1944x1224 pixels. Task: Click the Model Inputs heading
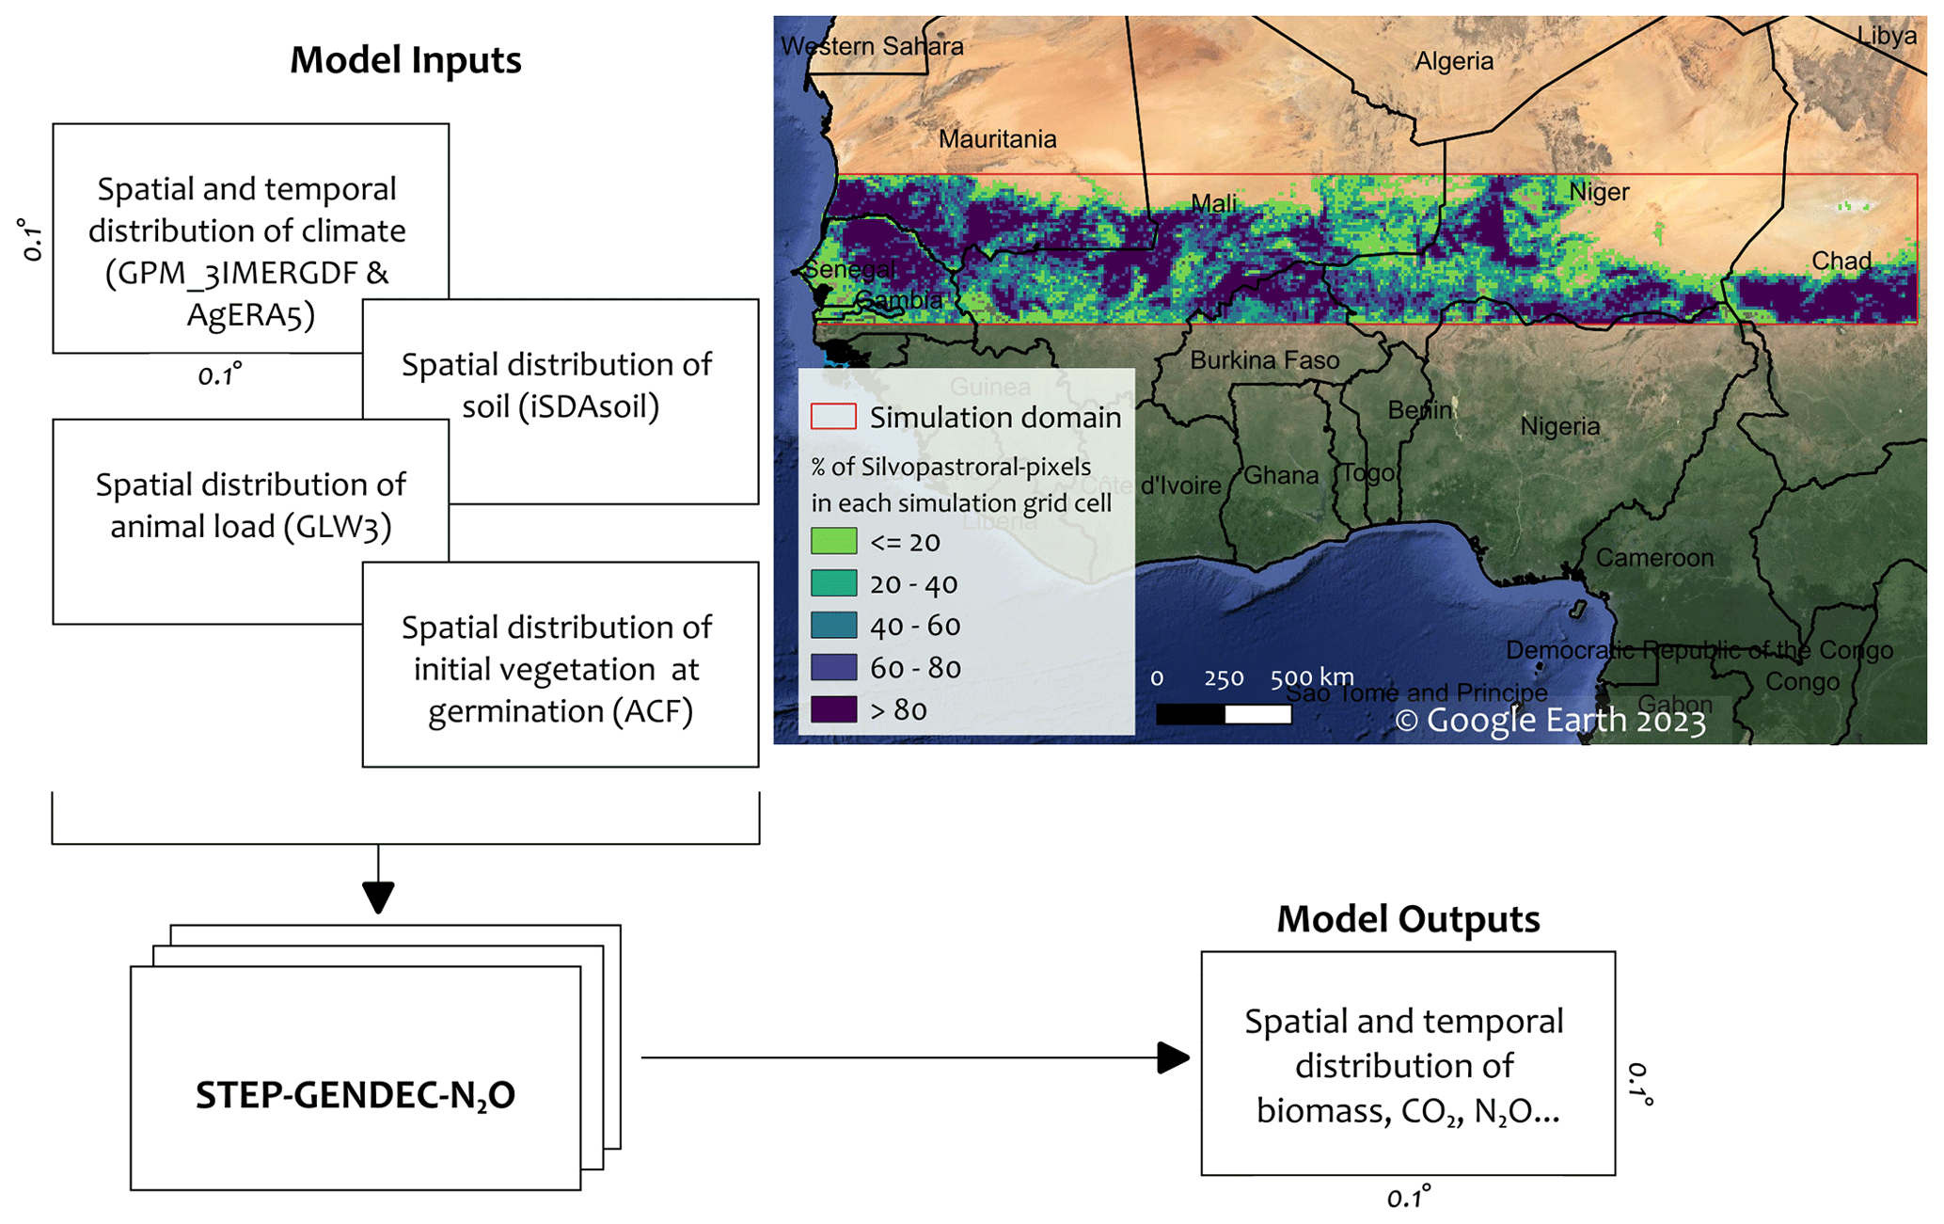pyautogui.click(x=405, y=60)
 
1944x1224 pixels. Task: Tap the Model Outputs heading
pyautogui.click(x=1408, y=919)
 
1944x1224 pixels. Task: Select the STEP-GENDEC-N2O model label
pyautogui.click(x=356, y=1095)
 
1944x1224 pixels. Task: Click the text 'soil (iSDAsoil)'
pyautogui.click(x=561, y=406)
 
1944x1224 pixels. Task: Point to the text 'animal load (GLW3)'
pyautogui.click(x=250, y=526)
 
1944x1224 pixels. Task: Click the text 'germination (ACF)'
pyautogui.click(x=561, y=711)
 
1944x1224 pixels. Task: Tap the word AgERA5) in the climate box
pyautogui.click(x=250, y=314)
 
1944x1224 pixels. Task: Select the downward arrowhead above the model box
pyautogui.click(x=378, y=898)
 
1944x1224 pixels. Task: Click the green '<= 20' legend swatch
pyautogui.click(x=833, y=542)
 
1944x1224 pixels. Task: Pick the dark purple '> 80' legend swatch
pyautogui.click(x=833, y=709)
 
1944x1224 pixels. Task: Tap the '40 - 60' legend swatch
pyautogui.click(x=833, y=626)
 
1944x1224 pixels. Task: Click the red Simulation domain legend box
pyautogui.click(x=833, y=417)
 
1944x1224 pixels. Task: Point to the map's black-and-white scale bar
pyautogui.click(x=1224, y=714)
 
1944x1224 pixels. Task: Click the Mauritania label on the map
pyautogui.click(x=997, y=139)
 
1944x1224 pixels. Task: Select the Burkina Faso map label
pyautogui.click(x=1264, y=360)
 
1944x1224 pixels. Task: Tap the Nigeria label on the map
pyautogui.click(x=1559, y=427)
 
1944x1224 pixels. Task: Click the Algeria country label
pyautogui.click(x=1454, y=62)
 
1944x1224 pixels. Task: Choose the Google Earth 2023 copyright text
pyautogui.click(x=1549, y=721)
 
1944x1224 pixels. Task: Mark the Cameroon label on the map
pyautogui.click(x=1654, y=558)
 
